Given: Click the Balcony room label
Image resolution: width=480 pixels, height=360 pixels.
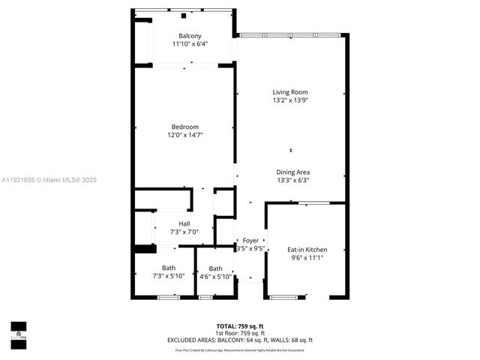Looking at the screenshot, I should coord(189,36).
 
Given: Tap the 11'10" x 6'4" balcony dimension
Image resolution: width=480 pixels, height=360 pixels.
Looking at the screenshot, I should coord(189,44).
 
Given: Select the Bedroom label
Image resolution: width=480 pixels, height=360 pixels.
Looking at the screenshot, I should coord(184,126).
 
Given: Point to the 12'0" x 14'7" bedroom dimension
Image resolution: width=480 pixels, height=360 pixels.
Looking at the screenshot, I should coord(184,135).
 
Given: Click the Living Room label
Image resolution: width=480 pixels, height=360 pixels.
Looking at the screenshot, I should coord(290,92).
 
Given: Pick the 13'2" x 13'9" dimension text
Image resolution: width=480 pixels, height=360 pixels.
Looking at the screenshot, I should coord(290,100).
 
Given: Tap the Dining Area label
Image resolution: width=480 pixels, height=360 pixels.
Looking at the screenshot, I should coord(292,172).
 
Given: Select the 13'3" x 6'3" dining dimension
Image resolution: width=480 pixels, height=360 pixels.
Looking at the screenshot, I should coord(292,180).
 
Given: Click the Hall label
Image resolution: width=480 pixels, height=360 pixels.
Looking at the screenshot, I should coord(184,223).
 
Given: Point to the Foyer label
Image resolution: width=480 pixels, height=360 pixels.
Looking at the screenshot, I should coord(250,241).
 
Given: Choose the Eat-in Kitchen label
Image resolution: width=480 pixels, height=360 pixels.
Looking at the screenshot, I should coord(307,249).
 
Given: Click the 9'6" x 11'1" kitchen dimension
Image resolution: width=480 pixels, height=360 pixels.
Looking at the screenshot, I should coord(307,258).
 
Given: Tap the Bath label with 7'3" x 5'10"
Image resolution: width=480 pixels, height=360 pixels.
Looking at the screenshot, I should coord(169,268).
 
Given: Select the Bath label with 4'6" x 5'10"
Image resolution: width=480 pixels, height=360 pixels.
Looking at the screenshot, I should coord(215,268).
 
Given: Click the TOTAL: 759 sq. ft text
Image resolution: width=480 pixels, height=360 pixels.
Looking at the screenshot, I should coord(240,325).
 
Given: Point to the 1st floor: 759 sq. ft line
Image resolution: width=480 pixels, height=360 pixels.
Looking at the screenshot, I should coord(240,332).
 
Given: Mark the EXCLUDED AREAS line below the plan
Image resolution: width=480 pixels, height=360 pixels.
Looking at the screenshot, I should coord(240,340).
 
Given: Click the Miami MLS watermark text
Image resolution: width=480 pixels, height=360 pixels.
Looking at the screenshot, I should coord(49,180).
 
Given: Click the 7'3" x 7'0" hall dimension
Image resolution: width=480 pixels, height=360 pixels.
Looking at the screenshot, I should coord(184,232).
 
